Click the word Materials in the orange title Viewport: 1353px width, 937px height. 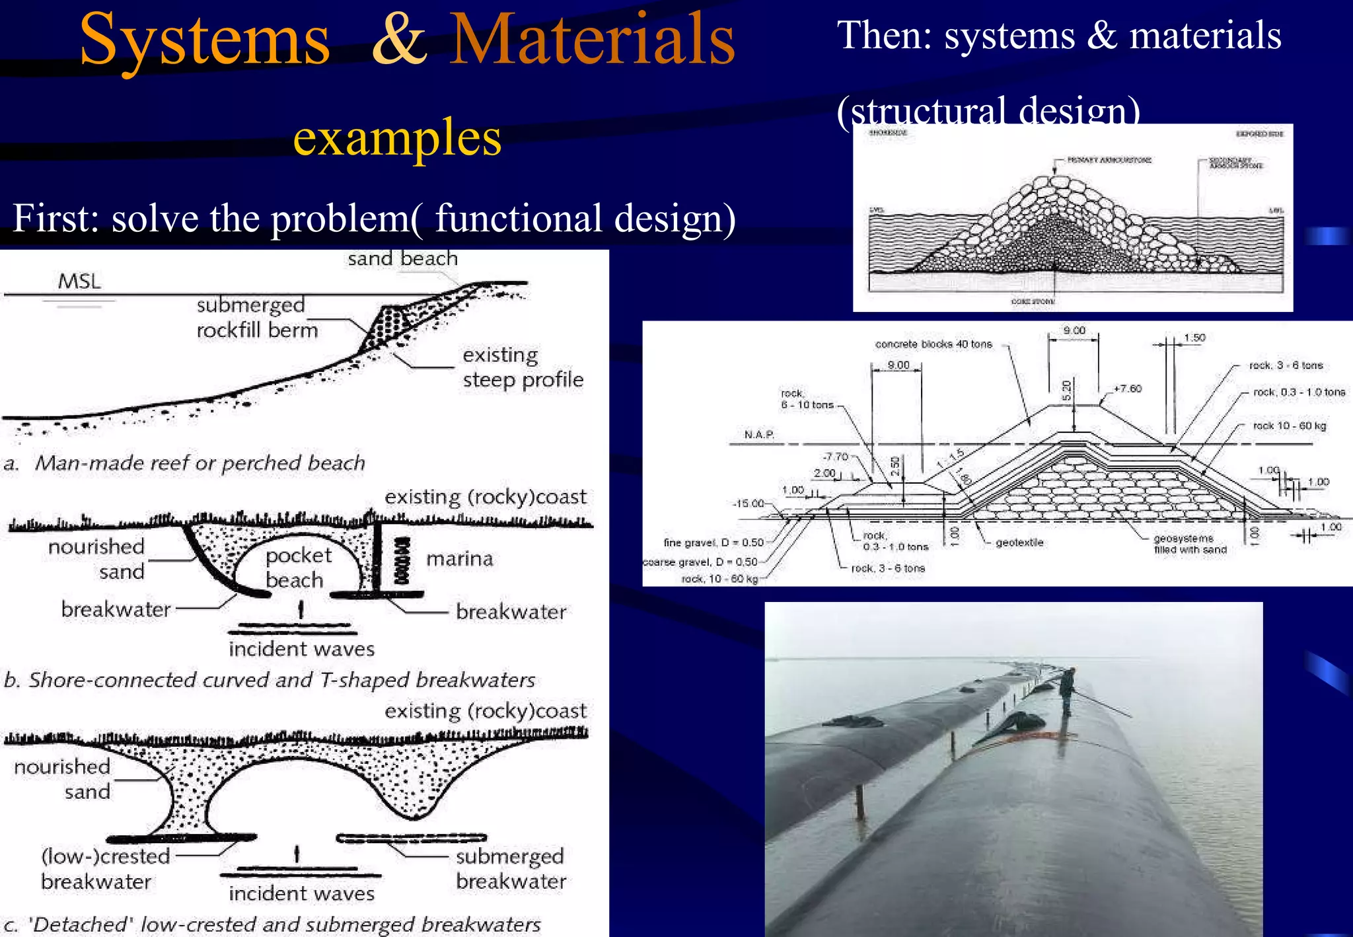592,40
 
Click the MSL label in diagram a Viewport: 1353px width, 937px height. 79,281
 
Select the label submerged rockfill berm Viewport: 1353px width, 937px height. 257,318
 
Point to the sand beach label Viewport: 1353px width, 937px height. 402,258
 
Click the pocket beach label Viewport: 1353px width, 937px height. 297,568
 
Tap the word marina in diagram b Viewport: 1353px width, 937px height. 460,559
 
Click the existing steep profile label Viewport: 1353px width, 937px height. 523,367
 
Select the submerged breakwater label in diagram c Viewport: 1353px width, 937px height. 511,868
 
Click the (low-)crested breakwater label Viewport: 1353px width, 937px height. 105,868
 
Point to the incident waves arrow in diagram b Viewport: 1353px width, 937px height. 301,609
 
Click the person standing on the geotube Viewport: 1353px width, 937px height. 1066,691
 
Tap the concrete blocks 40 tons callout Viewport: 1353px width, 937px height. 933,344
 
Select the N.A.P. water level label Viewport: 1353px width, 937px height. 759,434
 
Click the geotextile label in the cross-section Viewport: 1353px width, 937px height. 1019,543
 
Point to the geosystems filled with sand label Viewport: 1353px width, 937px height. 1190,544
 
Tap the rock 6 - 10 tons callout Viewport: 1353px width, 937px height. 807,399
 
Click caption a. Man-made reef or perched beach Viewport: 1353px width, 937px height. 185,463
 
